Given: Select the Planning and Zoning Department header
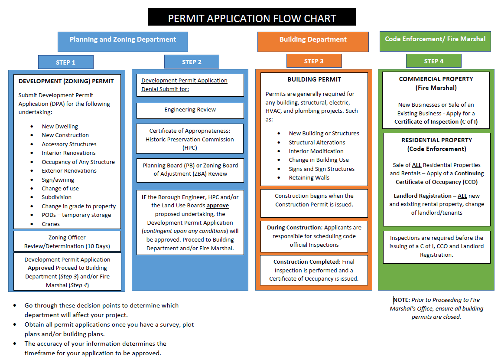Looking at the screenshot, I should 123,39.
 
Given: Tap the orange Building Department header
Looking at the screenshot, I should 313,39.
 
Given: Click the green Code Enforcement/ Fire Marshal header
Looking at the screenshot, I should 435,39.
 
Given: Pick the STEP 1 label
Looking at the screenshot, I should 65,62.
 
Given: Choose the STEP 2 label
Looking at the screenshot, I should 192,62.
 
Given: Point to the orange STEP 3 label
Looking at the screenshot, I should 314,61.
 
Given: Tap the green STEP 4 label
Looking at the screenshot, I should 433,61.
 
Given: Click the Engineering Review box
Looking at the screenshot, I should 190,110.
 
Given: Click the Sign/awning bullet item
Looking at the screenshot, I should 58,180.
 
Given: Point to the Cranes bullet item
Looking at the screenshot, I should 51,224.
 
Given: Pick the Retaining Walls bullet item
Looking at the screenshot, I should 309,177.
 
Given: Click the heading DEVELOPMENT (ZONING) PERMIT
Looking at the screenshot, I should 66,81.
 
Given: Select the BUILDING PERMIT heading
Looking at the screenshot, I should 314,79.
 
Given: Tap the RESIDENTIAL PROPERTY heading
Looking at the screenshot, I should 436,140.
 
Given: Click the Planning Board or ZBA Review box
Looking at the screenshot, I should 190,170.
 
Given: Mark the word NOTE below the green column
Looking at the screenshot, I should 401,300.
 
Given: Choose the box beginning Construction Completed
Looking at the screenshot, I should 314,270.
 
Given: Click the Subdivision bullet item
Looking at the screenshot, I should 56,197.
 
